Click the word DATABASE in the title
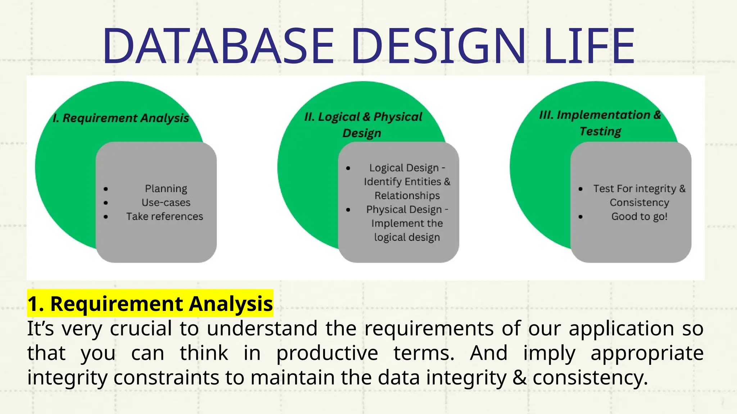pos(218,46)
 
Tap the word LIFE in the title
pos(589,46)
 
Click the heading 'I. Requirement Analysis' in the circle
pos(121,118)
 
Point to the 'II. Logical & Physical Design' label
pos(363,124)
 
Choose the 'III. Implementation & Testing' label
pos(600,123)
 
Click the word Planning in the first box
pos(166,189)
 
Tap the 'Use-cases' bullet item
pos(166,203)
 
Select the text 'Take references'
pos(164,216)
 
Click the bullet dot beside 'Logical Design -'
pos(348,168)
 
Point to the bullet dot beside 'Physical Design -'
pos(348,210)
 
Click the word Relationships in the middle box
pos(407,195)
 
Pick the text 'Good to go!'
pos(639,216)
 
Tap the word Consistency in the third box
pos(639,203)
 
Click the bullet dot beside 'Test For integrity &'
pos(580,189)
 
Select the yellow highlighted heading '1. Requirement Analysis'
pos(150,304)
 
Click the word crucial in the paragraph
pos(141,328)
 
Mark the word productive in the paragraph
pos(327,353)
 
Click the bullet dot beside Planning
pos(105,189)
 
